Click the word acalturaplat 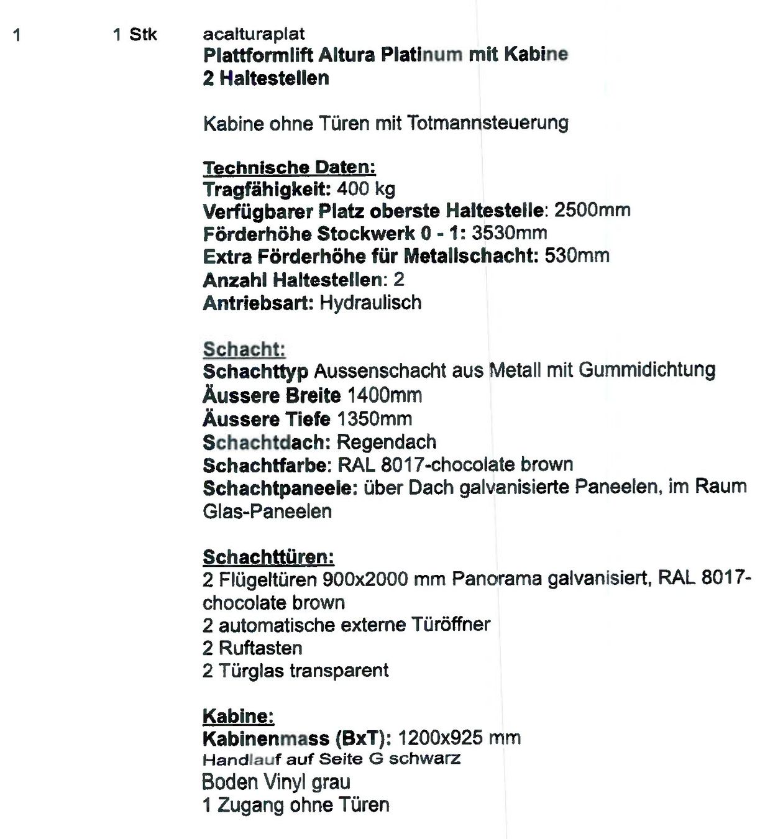254,34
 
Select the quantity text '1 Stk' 135,35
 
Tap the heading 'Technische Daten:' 289,167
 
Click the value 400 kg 366,189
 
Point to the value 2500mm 592,210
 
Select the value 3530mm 510,234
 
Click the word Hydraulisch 370,303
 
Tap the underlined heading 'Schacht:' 244,349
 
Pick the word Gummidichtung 647,370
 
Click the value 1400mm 385,395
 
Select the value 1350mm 375,419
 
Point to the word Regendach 387,442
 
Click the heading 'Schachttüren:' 268,557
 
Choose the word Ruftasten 260,648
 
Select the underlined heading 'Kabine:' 238,716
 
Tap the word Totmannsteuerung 488,123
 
